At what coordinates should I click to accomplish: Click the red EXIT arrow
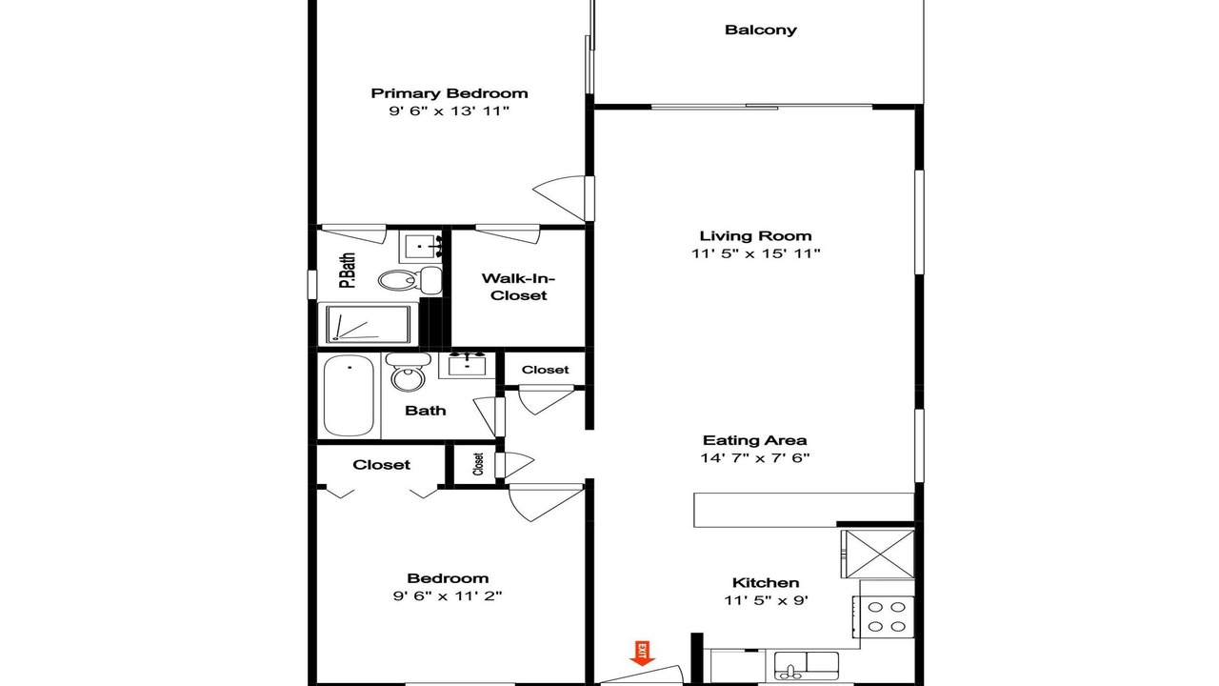(x=642, y=654)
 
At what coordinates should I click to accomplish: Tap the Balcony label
(x=760, y=30)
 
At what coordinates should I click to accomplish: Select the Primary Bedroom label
(x=450, y=93)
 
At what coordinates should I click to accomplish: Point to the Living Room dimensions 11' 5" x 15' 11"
(x=756, y=253)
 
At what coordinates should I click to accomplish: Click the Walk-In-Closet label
(x=518, y=287)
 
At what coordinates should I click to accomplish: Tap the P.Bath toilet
(x=410, y=279)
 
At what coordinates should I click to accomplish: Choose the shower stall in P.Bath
(x=368, y=325)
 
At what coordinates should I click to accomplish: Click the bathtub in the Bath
(x=349, y=395)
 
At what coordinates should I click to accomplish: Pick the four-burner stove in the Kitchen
(x=884, y=616)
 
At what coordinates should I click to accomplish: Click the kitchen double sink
(x=807, y=665)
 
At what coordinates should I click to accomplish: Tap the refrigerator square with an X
(x=878, y=555)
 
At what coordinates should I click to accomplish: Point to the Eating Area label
(x=755, y=440)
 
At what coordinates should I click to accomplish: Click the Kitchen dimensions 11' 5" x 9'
(x=766, y=600)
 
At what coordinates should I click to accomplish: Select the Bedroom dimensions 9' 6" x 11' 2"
(x=448, y=596)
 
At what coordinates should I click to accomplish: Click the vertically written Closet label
(x=478, y=464)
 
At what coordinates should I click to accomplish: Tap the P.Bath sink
(x=421, y=247)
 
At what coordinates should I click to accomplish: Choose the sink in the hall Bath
(x=467, y=364)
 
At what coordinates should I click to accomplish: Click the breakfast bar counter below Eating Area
(x=804, y=510)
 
